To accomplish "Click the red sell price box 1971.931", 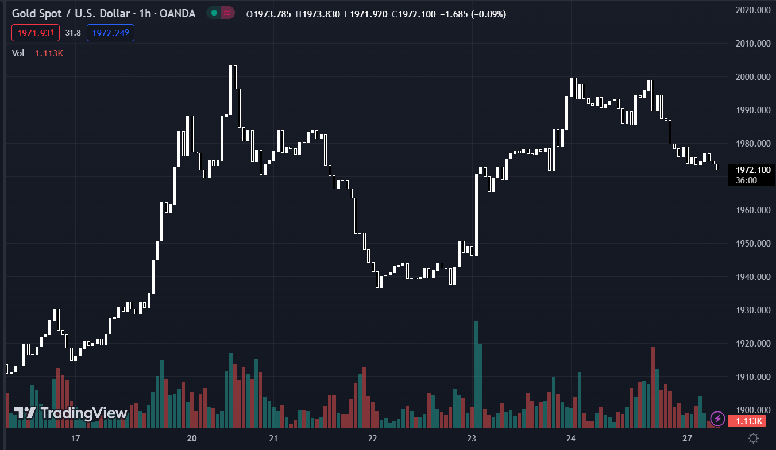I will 35,33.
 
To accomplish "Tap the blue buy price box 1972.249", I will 110,33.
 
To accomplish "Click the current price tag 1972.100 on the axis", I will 752,170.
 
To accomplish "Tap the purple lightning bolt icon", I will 717,418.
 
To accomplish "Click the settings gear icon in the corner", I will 754,439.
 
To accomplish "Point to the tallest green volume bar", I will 476,374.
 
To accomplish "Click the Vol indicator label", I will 18,53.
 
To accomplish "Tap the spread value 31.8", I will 73,33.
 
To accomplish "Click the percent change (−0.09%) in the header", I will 488,14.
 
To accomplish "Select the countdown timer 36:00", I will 746,180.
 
